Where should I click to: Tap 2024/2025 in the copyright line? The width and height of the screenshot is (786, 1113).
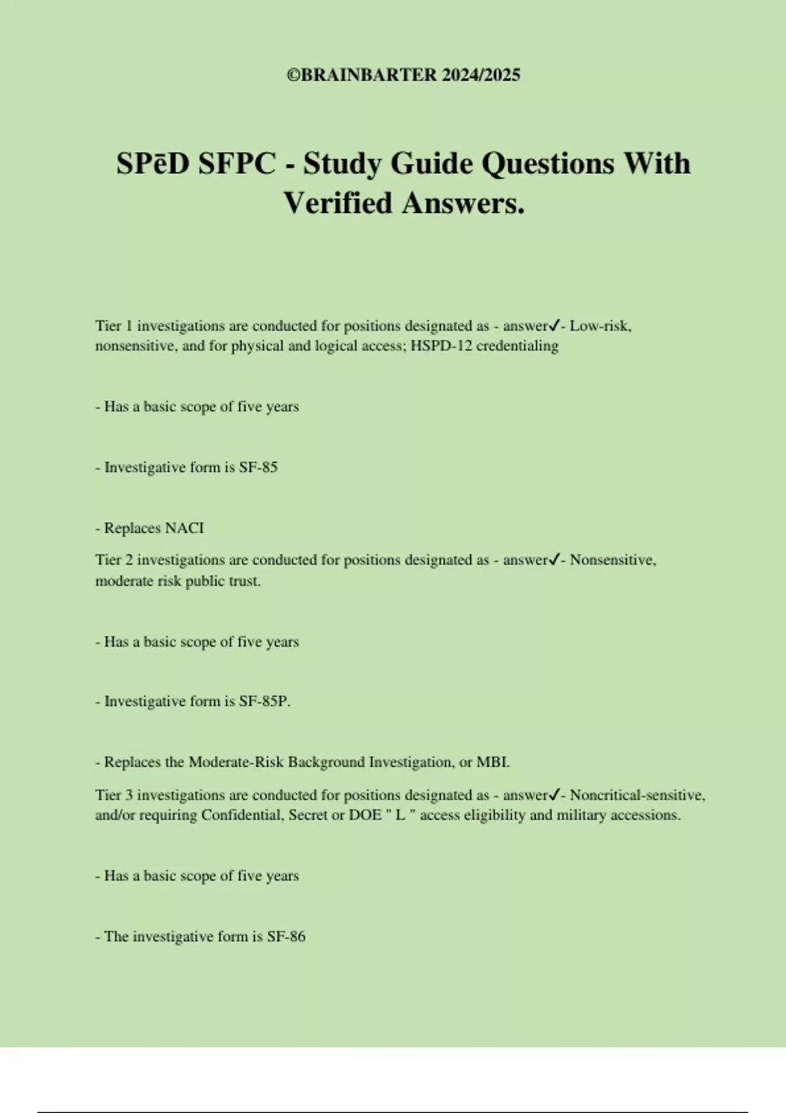[481, 75]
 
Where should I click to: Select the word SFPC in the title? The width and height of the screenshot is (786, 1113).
[237, 164]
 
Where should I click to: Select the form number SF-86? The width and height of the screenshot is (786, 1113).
[286, 937]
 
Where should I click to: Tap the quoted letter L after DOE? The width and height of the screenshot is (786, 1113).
[401, 816]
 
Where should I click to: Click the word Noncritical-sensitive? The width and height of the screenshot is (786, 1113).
[637, 795]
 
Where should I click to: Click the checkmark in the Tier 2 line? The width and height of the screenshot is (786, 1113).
[554, 560]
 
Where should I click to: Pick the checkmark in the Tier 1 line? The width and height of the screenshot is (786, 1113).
[554, 325]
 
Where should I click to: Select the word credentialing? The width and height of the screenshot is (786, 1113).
[517, 346]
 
